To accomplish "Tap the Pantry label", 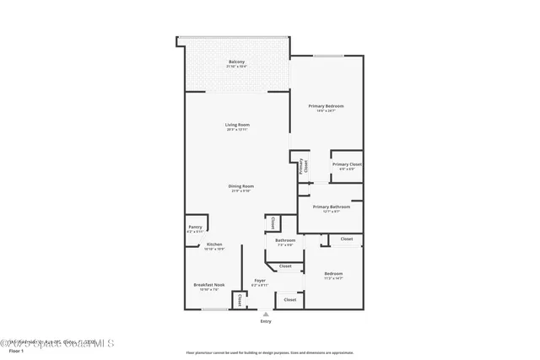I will point(194,228).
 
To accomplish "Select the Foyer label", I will point(260,282).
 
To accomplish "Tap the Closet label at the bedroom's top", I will point(347,239).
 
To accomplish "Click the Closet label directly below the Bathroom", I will point(285,266).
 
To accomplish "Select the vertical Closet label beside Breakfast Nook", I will point(240,299).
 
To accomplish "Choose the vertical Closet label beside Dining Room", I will point(273,223).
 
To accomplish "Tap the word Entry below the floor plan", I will point(267,321).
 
